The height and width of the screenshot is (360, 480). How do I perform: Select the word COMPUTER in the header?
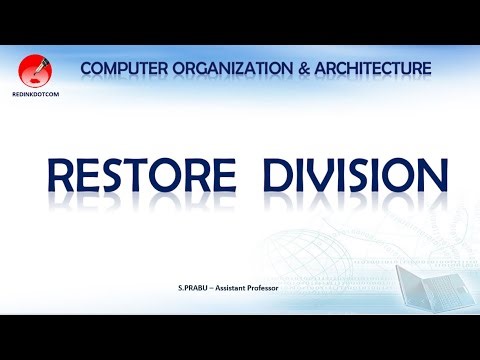[119, 68]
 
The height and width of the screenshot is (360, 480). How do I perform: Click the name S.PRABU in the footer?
[194, 289]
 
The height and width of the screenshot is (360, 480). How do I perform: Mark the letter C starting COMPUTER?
[87, 68]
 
